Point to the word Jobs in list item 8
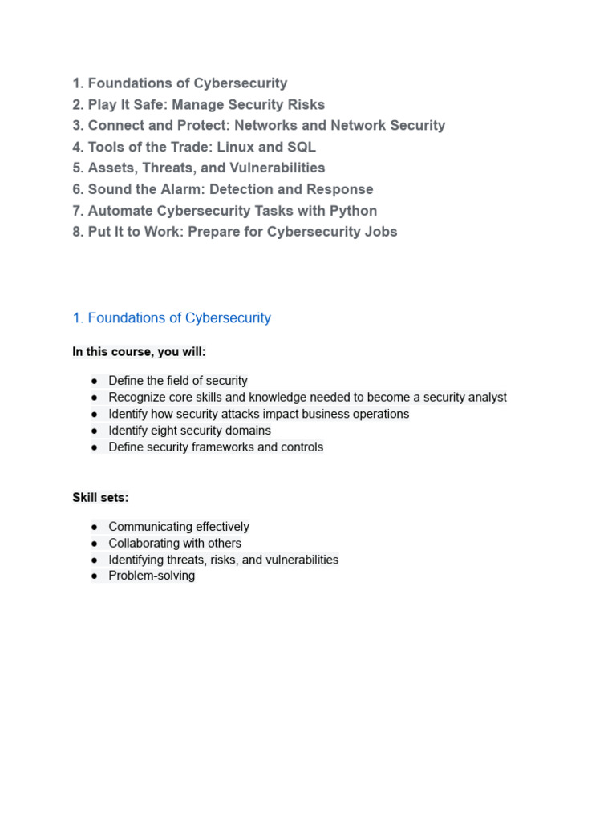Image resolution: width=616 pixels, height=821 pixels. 380,232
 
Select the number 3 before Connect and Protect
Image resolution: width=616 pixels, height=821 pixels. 77,125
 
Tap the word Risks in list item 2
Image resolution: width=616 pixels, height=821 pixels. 305,104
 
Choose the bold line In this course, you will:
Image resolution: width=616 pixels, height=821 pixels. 139,351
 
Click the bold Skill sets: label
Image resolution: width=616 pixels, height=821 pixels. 100,497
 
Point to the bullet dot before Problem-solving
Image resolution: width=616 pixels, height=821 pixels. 94,576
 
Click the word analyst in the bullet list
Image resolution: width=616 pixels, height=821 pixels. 484,397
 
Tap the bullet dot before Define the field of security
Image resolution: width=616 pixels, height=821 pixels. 94,381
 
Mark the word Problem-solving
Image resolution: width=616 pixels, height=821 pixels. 152,576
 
